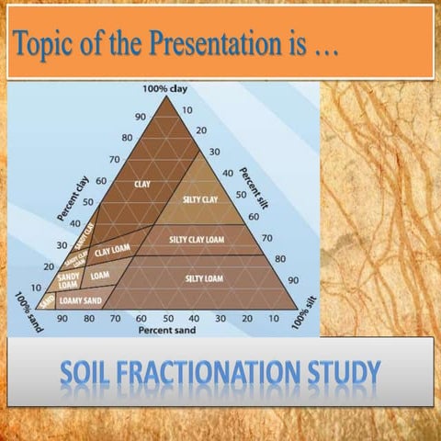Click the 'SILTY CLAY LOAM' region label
(x=197, y=240)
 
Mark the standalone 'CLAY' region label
(x=142, y=185)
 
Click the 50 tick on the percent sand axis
(x=168, y=317)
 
